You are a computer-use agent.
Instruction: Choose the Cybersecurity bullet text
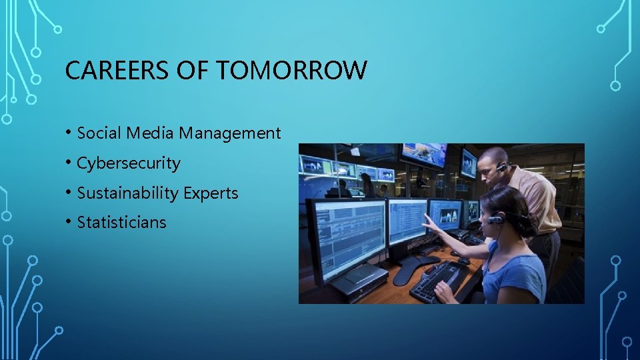[129, 163]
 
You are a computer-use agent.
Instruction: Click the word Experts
[211, 193]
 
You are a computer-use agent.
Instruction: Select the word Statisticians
[122, 223]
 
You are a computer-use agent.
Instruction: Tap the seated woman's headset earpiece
[495, 219]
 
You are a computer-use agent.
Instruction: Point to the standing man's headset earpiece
[501, 167]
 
